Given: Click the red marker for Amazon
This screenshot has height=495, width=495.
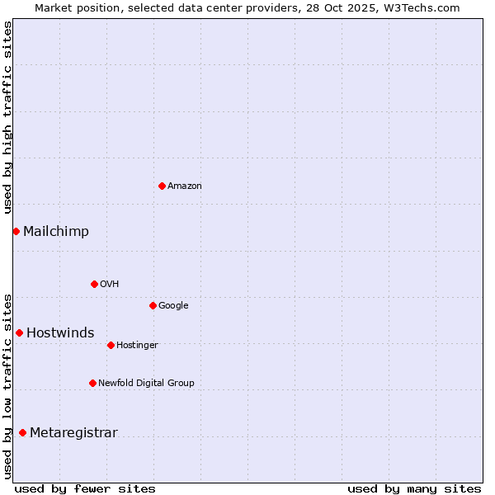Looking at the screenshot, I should (162, 186).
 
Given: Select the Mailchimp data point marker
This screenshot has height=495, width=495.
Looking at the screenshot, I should (16, 231).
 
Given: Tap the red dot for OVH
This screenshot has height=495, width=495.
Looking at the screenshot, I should (94, 284).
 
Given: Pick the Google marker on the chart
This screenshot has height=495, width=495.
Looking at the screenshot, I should (153, 305).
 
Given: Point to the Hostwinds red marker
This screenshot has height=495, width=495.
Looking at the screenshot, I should (19, 332).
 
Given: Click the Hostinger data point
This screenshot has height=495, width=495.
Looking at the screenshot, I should (111, 345).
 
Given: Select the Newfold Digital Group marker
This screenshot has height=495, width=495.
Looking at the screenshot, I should (92, 383).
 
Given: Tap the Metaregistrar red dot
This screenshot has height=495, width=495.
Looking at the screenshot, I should (22, 432).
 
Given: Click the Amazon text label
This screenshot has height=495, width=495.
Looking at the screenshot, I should (185, 186).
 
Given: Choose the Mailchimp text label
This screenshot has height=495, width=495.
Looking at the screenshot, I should (56, 232).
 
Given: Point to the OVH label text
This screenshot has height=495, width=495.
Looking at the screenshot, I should (110, 285).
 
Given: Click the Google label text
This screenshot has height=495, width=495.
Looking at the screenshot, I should (173, 306).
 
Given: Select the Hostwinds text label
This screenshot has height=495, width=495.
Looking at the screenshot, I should (60, 333).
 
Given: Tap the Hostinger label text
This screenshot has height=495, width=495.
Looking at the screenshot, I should (137, 346).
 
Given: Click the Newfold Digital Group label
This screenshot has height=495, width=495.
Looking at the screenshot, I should (146, 384).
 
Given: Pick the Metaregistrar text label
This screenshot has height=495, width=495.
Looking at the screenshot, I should (73, 433).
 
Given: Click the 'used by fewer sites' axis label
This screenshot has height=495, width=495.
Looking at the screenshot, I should (85, 488).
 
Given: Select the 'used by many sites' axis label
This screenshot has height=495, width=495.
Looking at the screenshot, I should (414, 488).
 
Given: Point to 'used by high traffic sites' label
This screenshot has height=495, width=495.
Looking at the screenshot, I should (7, 117).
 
